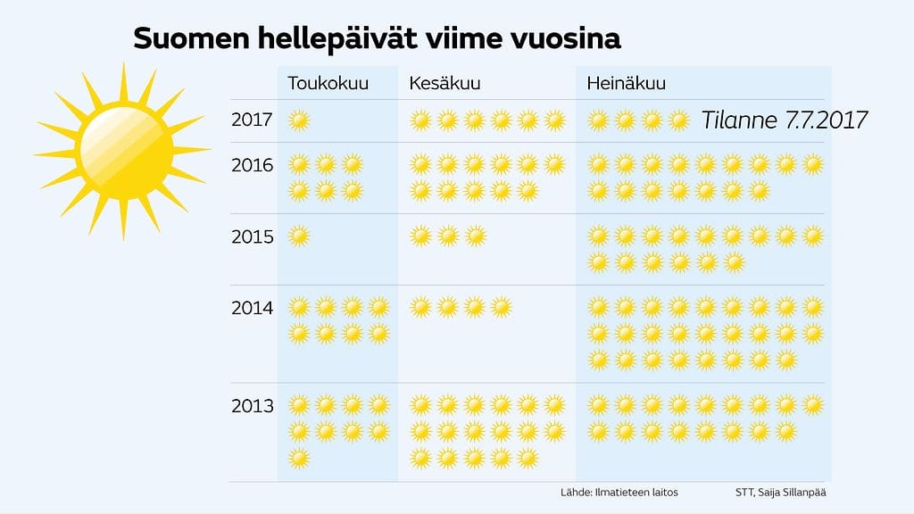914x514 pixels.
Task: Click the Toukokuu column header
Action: pyautogui.click(x=328, y=84)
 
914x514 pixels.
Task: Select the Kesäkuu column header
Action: pyautogui.click(x=445, y=84)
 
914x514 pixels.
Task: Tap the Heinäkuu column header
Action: pyautogui.click(x=627, y=84)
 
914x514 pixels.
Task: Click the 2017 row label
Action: pyautogui.click(x=253, y=120)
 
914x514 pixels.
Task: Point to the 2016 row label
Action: pyautogui.click(x=253, y=165)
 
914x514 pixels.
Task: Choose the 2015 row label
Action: pyautogui.click(x=253, y=236)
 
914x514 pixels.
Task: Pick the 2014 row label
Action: pyautogui.click(x=253, y=308)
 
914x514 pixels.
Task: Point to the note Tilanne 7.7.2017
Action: pyautogui.click(x=785, y=120)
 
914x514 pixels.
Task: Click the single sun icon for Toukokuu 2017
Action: pyautogui.click(x=300, y=120)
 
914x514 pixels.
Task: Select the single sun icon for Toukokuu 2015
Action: pyautogui.click(x=300, y=236)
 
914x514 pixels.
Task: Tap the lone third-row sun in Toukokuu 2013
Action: pyautogui.click(x=300, y=459)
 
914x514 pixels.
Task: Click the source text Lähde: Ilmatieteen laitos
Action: pyautogui.click(x=605, y=493)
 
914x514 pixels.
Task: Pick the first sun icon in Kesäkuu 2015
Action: pyautogui.click(x=421, y=236)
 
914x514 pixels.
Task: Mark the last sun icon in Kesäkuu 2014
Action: pyautogui.click(x=502, y=307)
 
